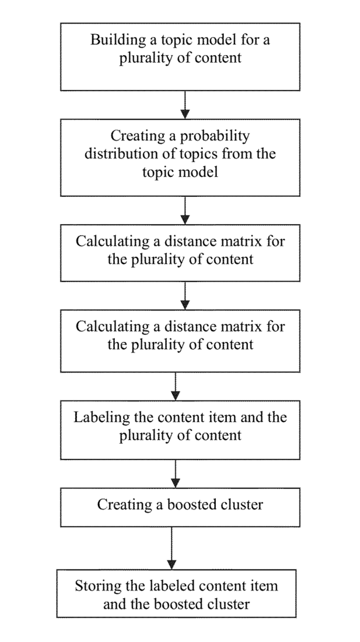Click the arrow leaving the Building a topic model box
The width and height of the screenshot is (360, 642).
pyautogui.click(x=185, y=105)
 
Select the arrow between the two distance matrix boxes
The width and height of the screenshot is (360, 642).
pyautogui.click(x=185, y=295)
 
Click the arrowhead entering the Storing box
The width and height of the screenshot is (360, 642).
pyautogui.click(x=171, y=564)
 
